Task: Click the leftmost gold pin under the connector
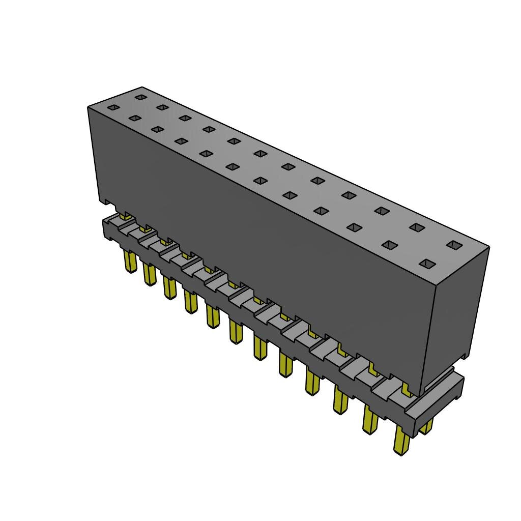pyautogui.click(x=130, y=262)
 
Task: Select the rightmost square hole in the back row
pyautogui.click(x=452, y=245)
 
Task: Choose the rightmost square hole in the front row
pyautogui.click(x=427, y=264)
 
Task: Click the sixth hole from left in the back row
pyautogui.click(x=261, y=153)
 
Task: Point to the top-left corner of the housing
pyautogui.click(x=89, y=107)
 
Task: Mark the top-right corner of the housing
pyautogui.click(x=489, y=247)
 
